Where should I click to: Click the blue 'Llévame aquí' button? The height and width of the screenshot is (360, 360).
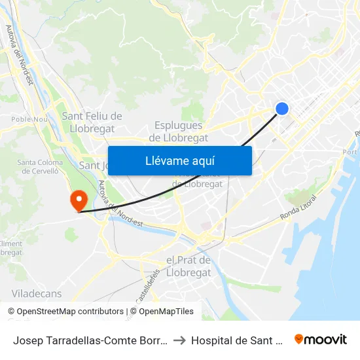tap(179, 160)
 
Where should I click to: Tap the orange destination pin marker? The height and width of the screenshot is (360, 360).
tap(78, 199)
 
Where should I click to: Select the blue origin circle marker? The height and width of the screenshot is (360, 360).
tap(282, 109)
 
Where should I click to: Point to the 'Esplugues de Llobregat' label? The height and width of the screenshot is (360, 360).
tap(179, 132)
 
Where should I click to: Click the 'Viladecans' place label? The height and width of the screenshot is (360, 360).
tap(37, 293)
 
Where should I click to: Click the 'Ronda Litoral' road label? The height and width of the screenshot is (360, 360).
tap(298, 207)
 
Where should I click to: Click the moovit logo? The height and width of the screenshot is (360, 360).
tap(321, 339)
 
